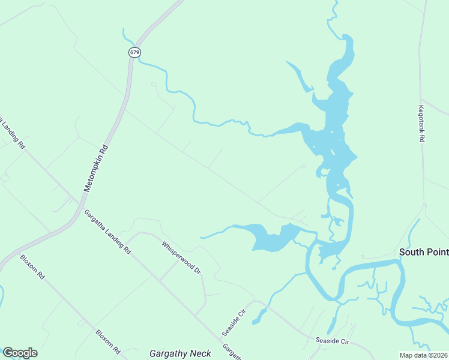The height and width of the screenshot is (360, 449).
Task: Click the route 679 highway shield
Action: click(x=134, y=52)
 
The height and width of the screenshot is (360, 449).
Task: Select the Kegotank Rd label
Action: click(x=421, y=124)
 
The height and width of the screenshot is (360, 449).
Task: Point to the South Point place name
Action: click(x=424, y=252)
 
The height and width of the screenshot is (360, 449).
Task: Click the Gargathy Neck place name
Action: click(x=180, y=353)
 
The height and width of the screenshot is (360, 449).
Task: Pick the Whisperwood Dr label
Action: click(x=181, y=257)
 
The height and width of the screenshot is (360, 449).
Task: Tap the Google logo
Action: click(x=20, y=353)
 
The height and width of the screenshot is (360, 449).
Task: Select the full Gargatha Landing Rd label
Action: click(x=107, y=232)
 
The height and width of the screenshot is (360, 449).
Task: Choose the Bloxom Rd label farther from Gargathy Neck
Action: click(x=32, y=268)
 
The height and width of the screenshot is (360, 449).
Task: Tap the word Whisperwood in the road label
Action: click(x=176, y=254)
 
